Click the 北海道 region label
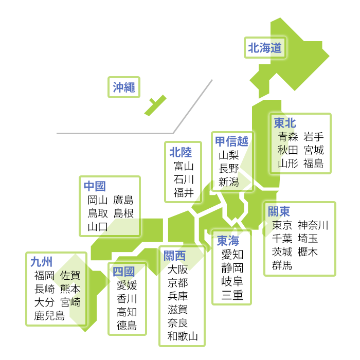[x=265, y=48]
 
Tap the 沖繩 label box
[x=124, y=87]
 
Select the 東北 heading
[x=285, y=123]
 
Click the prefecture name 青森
[x=288, y=137]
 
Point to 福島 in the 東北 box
[x=313, y=164]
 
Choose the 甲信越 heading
[x=231, y=141]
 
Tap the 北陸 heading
[x=181, y=152]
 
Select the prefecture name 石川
[x=184, y=179]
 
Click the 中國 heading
[x=95, y=186]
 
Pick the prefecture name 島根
[x=123, y=213]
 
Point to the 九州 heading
[x=42, y=262]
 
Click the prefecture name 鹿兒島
[x=49, y=315]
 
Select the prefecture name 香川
[x=127, y=298]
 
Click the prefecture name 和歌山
[x=183, y=336]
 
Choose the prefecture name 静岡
[x=232, y=268]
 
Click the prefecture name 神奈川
[x=313, y=225]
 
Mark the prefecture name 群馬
[x=282, y=265]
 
